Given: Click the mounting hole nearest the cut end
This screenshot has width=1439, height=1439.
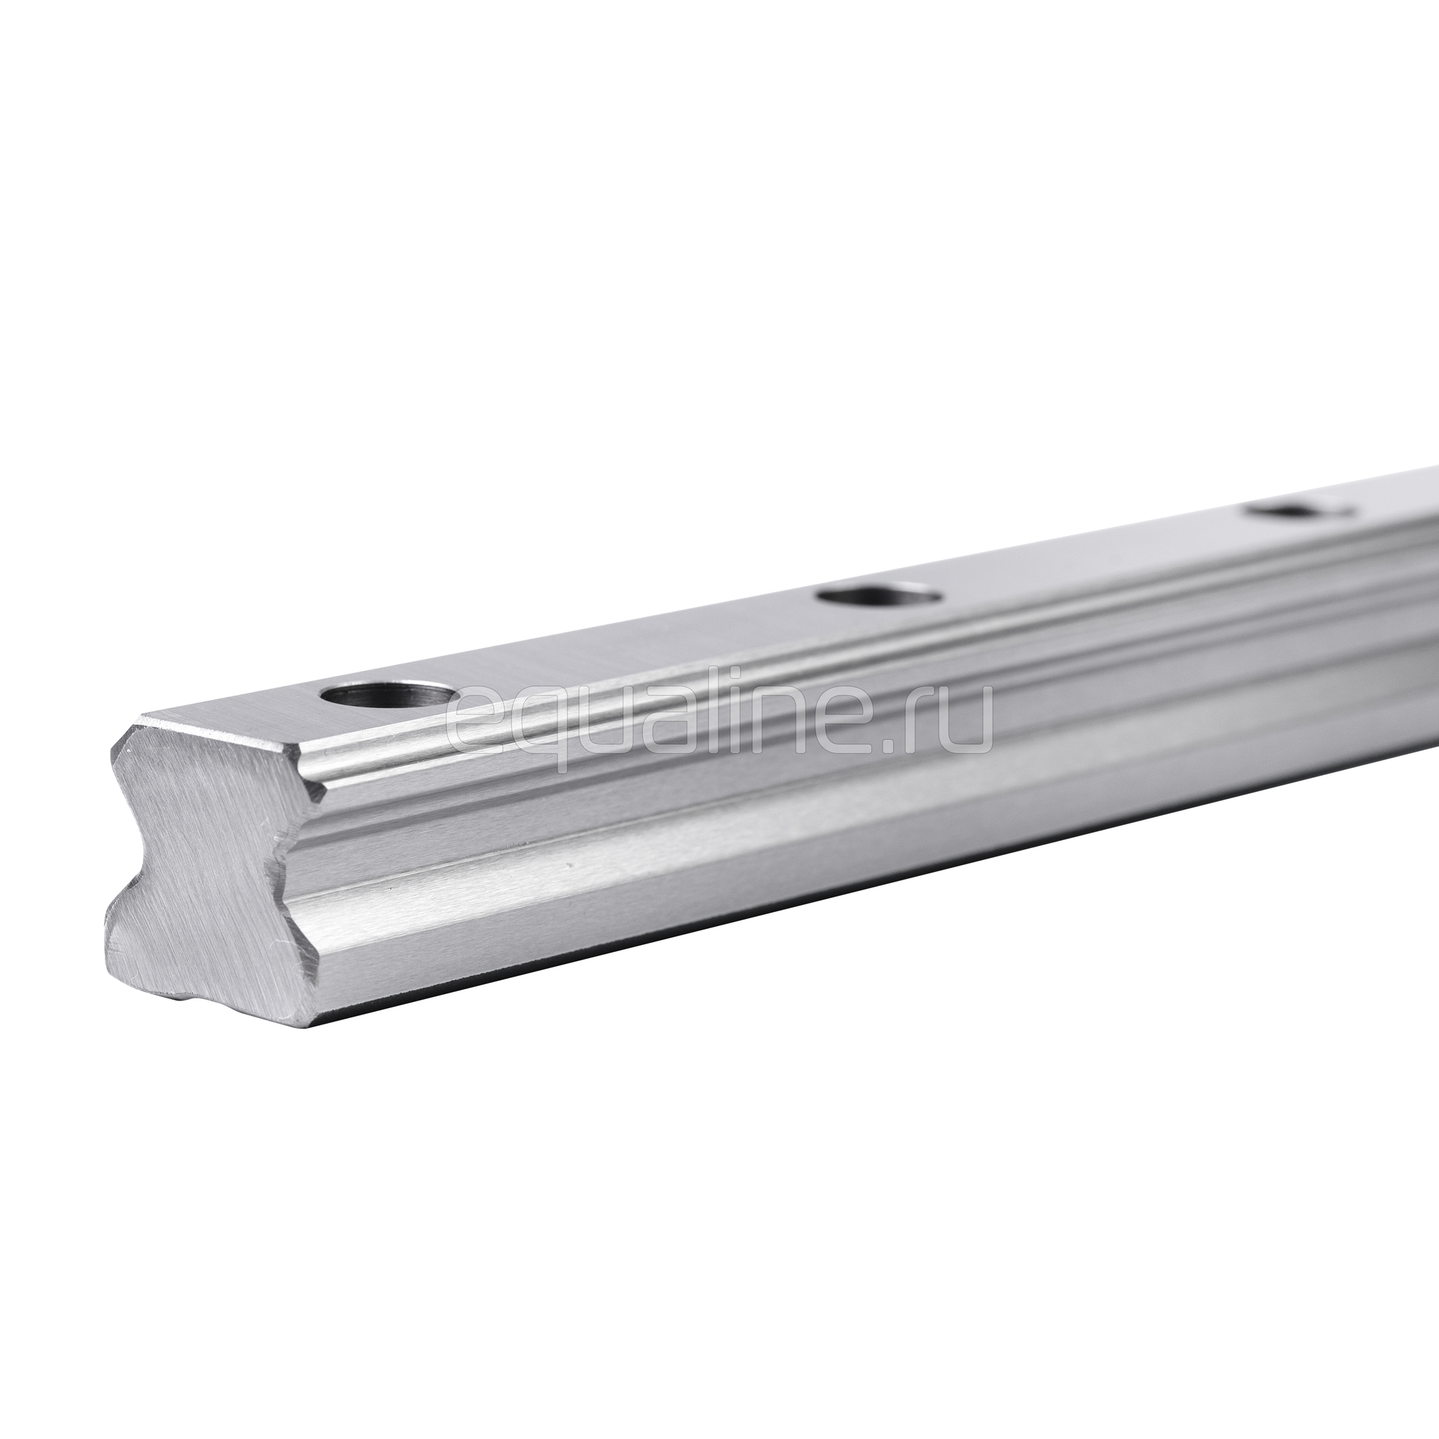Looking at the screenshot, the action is [386, 698].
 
